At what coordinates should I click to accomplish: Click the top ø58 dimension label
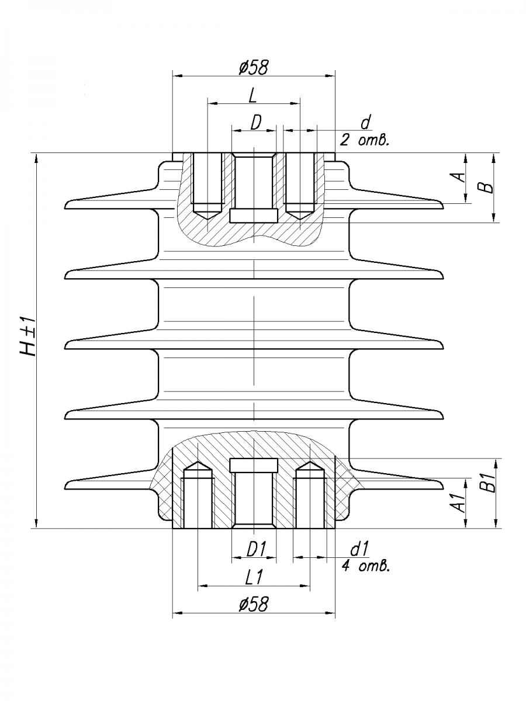pos(254,67)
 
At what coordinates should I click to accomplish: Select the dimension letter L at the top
pos(252,95)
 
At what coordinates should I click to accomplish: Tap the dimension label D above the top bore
pos(256,123)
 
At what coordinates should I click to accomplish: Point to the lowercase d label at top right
pos(365,122)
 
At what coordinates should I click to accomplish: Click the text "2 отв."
pos(364,140)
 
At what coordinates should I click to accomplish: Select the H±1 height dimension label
pos(28,336)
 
